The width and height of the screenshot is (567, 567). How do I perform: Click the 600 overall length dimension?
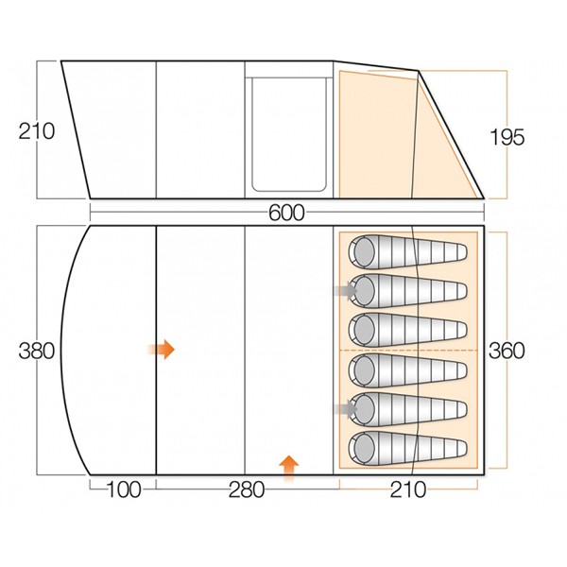click(x=286, y=213)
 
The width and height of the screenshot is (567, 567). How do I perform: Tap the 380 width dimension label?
click(x=37, y=351)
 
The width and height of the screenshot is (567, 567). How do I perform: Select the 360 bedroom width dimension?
click(x=507, y=351)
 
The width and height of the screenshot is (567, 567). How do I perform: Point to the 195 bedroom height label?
click(x=507, y=137)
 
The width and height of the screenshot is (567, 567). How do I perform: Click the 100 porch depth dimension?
click(x=123, y=490)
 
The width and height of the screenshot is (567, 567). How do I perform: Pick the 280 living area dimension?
click(x=247, y=490)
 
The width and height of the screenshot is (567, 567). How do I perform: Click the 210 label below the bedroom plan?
click(x=408, y=490)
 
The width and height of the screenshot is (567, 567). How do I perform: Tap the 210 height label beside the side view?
click(x=37, y=131)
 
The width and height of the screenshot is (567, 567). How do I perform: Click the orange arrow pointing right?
click(x=162, y=350)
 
